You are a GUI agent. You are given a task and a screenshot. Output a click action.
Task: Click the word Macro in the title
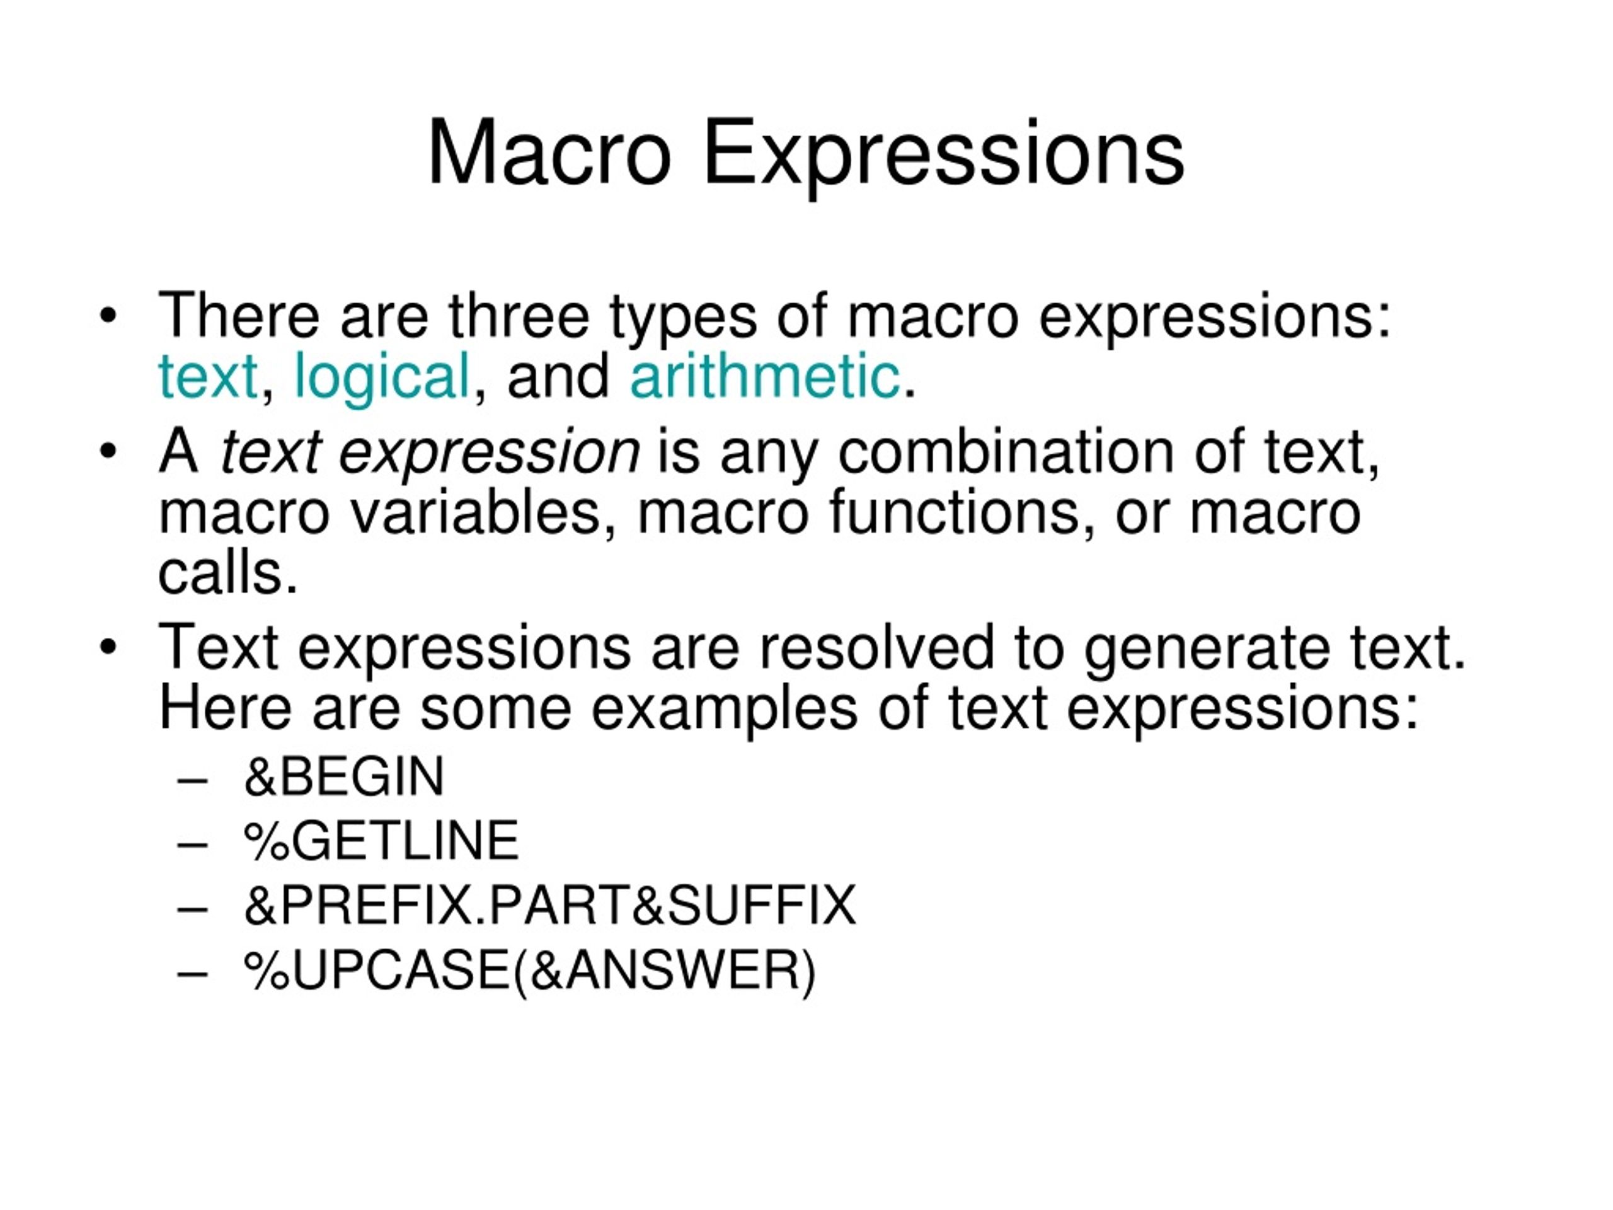[x=548, y=153]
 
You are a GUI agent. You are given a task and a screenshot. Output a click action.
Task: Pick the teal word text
[x=209, y=376]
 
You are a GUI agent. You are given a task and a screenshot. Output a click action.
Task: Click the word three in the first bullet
[x=519, y=316]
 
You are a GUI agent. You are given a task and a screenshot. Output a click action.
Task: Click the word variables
[x=474, y=513]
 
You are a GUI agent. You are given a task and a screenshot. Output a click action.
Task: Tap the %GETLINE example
[x=381, y=841]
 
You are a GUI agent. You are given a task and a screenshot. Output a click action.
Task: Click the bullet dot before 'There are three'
[x=108, y=316]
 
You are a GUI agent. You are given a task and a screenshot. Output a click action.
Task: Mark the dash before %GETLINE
[x=193, y=844]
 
